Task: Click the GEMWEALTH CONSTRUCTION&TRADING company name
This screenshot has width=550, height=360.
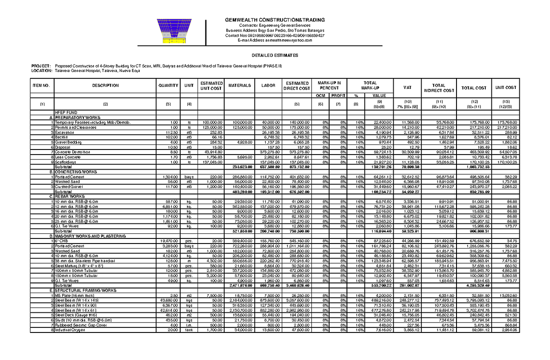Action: (275, 20)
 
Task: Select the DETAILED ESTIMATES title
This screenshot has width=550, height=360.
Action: (275, 55)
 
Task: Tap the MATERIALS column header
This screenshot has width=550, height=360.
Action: (241, 85)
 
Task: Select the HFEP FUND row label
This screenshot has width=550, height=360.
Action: (64, 112)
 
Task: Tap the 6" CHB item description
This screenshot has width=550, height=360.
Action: (60, 241)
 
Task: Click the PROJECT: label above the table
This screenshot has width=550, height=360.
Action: (39, 66)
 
